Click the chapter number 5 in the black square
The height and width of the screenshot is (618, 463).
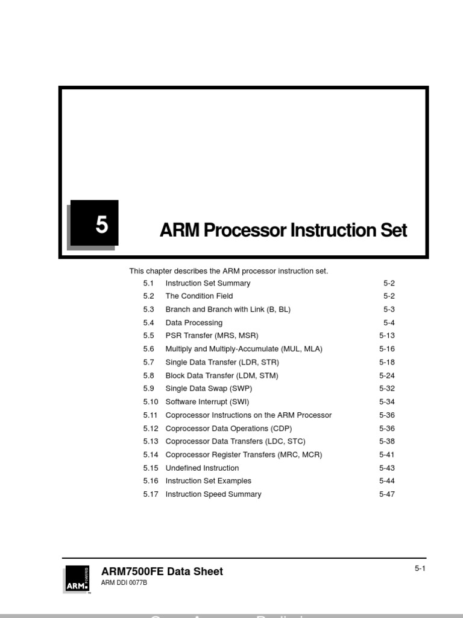tap(101, 225)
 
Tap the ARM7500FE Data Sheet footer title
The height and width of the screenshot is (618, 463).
tap(162, 572)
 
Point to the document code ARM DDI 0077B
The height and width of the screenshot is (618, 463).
tap(124, 583)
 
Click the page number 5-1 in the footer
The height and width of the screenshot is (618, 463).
tap(420, 569)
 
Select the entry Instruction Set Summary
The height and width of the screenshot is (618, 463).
tap(207, 283)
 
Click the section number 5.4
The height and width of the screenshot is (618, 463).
tap(149, 323)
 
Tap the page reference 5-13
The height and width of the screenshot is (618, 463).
tap(387, 336)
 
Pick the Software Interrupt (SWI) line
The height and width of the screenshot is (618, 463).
tap(207, 402)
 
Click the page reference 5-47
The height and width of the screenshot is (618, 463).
tap(387, 494)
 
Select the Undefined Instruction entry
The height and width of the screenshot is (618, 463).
tap(202, 468)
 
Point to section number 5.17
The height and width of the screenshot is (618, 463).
tap(151, 494)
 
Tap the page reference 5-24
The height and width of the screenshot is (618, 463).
tap(387, 375)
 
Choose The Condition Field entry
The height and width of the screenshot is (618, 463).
tap(199, 296)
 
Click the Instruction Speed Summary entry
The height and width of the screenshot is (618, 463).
tap(213, 494)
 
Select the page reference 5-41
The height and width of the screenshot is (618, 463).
tap(387, 455)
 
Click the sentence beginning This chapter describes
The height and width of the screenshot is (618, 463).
tap(228, 271)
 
